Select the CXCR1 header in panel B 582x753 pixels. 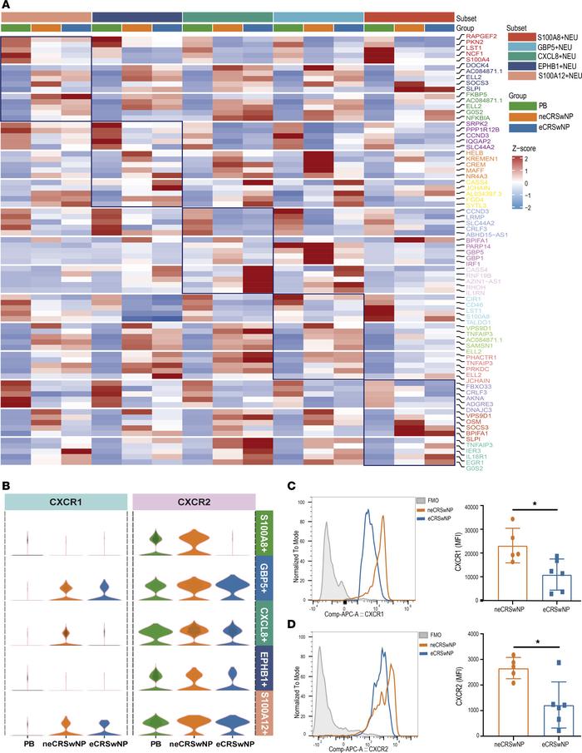coord(66,499)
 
